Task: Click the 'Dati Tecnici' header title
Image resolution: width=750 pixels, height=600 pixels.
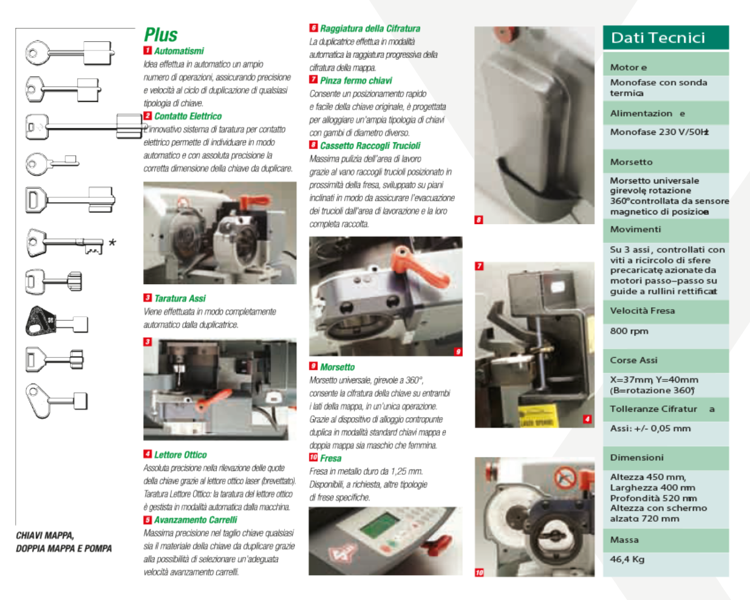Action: [x=658, y=38]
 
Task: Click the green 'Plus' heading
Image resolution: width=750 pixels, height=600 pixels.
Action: [x=161, y=35]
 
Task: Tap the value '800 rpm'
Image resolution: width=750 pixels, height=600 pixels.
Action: [x=629, y=331]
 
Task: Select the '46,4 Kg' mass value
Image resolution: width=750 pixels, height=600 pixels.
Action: [x=627, y=559]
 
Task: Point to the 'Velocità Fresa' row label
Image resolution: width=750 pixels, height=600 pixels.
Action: [x=643, y=310]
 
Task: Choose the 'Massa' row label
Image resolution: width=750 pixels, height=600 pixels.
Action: [x=624, y=540]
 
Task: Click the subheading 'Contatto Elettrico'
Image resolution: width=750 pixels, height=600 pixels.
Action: [x=188, y=116]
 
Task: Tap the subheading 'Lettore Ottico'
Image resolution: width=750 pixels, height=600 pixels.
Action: [x=180, y=455]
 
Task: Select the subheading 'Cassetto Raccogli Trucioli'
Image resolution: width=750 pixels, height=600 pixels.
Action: [x=370, y=146]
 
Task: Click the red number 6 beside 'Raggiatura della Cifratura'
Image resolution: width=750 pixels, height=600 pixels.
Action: [x=313, y=28]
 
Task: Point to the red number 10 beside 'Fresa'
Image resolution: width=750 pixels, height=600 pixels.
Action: [x=313, y=457]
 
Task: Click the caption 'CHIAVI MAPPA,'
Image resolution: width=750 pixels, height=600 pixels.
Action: [x=45, y=536]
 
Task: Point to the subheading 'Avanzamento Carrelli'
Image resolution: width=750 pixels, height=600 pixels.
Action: [x=195, y=520]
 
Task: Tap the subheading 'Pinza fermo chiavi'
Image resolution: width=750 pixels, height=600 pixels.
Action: [x=356, y=80]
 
